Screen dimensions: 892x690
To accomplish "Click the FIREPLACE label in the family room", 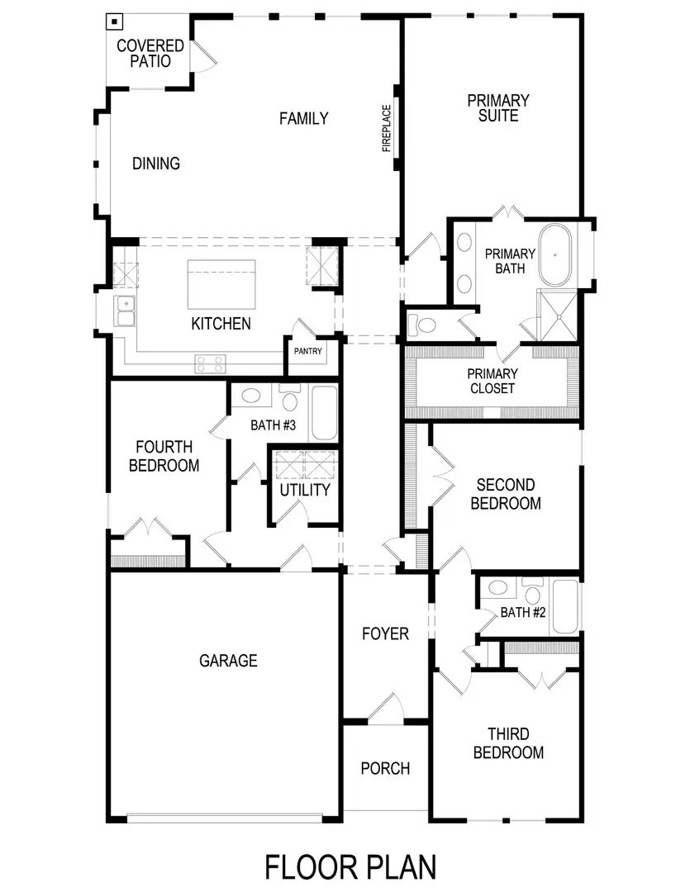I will pyautogui.click(x=386, y=128).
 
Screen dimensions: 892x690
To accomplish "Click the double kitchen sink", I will pyautogui.click(x=126, y=311).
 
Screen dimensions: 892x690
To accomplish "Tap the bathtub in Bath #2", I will pyautogui.click(x=566, y=607).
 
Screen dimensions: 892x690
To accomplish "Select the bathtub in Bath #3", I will pyautogui.click(x=323, y=413).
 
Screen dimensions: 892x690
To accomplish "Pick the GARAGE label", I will pyautogui.click(x=228, y=661).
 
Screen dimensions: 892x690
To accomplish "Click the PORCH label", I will pyautogui.click(x=385, y=768).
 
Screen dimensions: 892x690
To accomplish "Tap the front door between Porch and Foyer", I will pyautogui.click(x=385, y=710).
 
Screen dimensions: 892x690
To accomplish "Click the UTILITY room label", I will pyautogui.click(x=304, y=490).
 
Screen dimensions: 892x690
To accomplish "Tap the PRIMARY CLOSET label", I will pyautogui.click(x=493, y=381).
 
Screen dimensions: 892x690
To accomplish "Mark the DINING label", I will pyautogui.click(x=156, y=164).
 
